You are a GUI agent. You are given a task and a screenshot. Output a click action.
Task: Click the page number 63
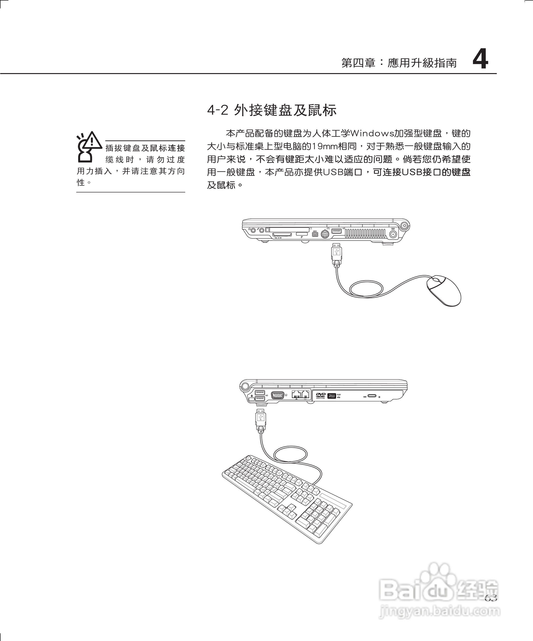pyautogui.click(x=491, y=598)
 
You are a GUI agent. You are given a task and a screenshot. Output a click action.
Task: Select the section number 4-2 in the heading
pyautogui.click(x=218, y=110)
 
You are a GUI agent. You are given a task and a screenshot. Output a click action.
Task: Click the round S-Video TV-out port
pyautogui.click(x=325, y=234)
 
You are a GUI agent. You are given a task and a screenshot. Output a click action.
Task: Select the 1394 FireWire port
pyautogui.click(x=315, y=234)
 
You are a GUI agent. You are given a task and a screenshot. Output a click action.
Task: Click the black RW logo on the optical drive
pyautogui.click(x=332, y=396)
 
